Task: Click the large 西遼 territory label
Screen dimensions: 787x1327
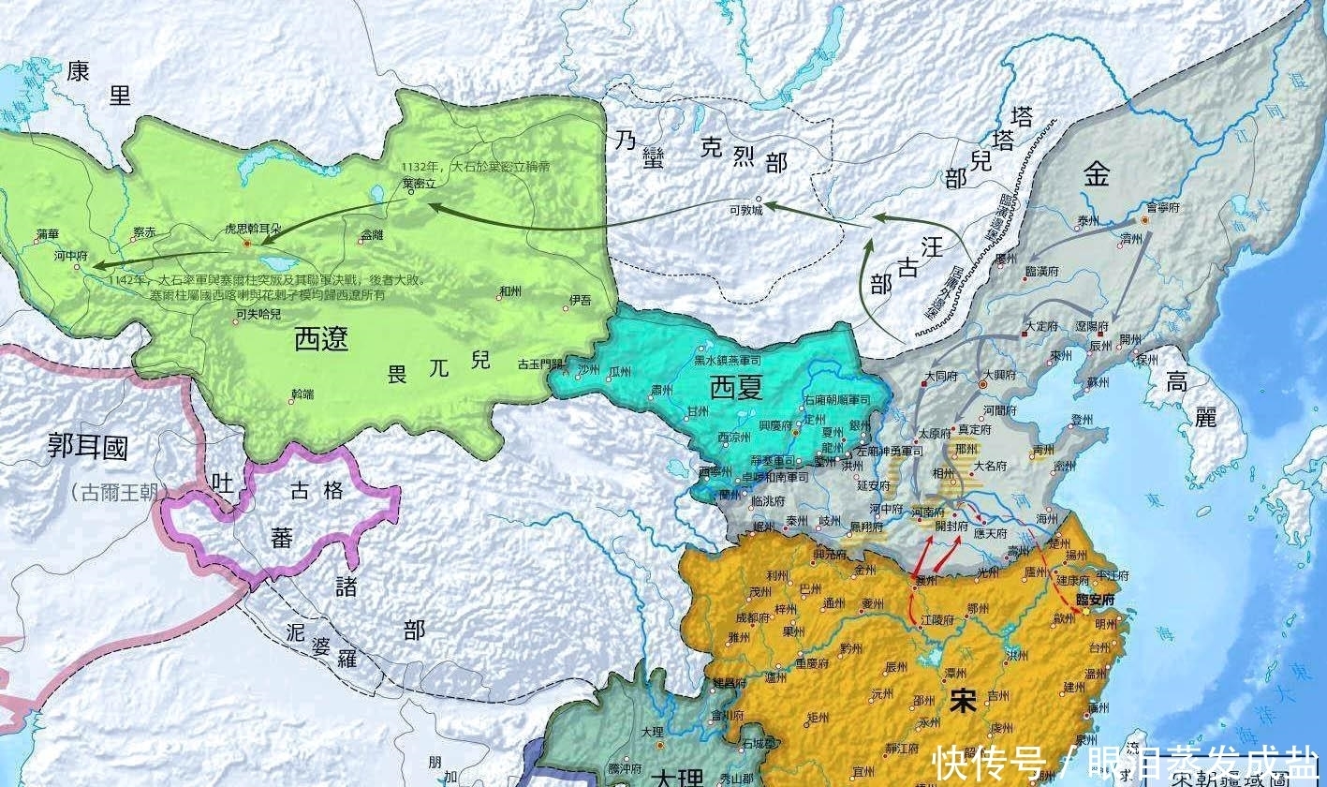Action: coord(321,338)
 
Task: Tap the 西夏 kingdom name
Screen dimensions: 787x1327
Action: coord(736,386)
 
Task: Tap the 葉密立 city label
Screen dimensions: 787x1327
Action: coord(418,184)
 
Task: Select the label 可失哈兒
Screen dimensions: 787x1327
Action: coord(258,315)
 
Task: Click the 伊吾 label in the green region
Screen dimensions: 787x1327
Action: coord(580,301)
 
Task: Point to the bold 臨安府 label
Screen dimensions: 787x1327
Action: coord(1089,598)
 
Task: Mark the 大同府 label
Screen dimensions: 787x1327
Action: coord(940,377)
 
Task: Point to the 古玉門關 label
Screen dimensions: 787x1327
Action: coord(540,364)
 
